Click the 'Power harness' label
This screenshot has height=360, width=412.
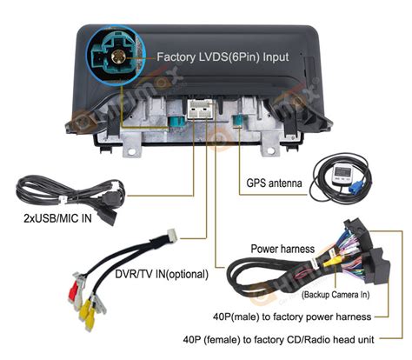pyautogui.click(x=282, y=249)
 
